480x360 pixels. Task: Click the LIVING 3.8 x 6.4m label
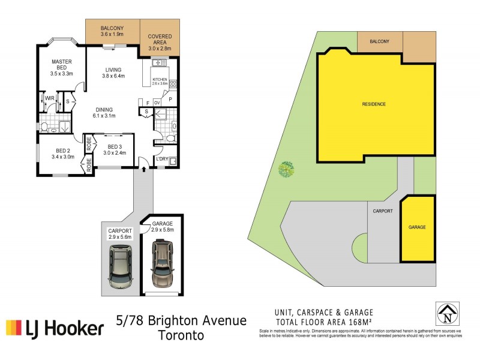click(113, 72)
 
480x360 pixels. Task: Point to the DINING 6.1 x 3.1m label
click(104, 112)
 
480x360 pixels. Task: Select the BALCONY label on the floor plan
click(112, 31)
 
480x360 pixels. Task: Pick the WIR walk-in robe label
click(50, 98)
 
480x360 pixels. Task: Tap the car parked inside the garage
click(162, 264)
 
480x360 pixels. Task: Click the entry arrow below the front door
click(144, 170)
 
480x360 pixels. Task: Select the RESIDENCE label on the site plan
click(373, 104)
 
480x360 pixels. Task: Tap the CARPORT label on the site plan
click(382, 211)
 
